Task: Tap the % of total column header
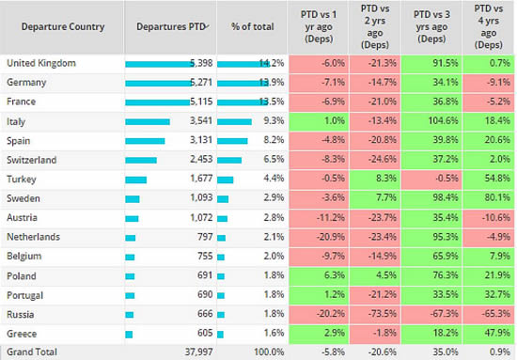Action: coord(252,26)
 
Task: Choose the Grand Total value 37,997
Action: coord(201,352)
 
